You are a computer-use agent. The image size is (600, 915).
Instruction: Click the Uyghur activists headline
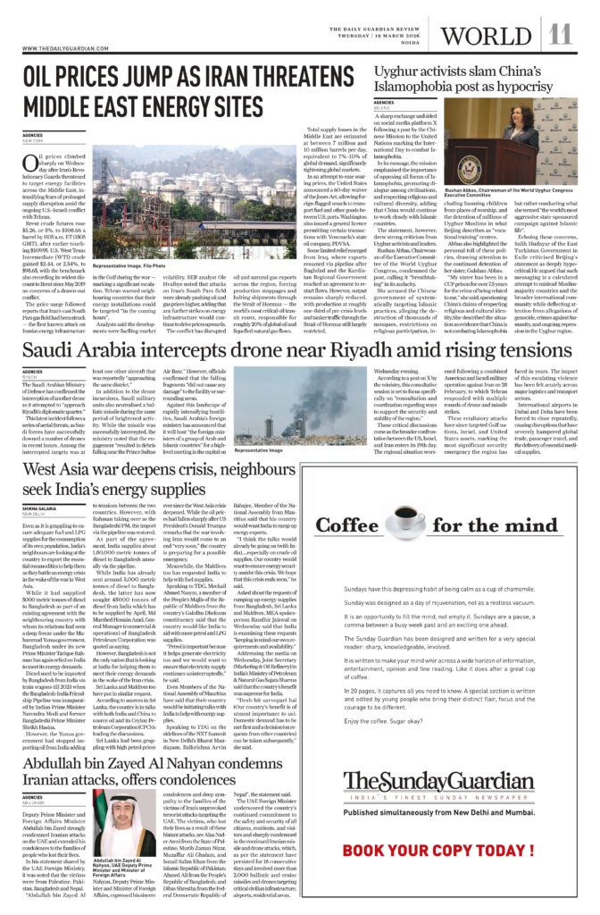click(472, 81)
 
